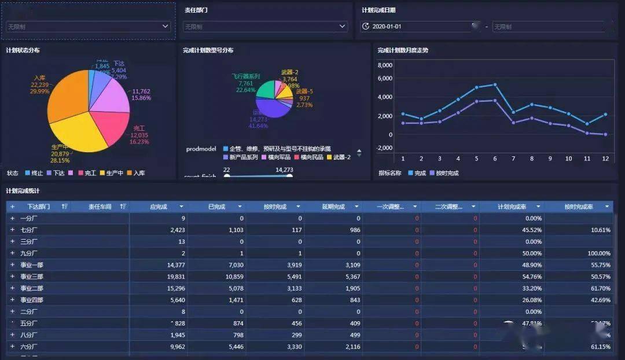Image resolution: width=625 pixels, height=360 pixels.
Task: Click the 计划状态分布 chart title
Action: [x=23, y=50]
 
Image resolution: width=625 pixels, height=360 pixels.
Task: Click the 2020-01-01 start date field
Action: [x=387, y=27]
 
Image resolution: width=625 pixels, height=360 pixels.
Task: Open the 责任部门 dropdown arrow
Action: [x=343, y=26]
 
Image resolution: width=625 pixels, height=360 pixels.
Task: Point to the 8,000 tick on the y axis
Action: [x=385, y=65]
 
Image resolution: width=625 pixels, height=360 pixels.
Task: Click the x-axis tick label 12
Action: [x=605, y=159]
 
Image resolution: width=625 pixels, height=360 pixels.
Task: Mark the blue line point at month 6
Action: [x=495, y=85]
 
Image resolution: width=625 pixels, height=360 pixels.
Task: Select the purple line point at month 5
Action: [x=476, y=101]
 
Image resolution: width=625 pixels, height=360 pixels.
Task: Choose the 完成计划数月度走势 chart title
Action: [x=403, y=50]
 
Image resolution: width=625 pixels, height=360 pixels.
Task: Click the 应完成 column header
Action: [x=159, y=207]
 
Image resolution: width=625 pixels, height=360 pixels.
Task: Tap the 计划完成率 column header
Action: [x=512, y=207]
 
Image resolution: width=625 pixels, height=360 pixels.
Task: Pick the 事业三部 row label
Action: [x=32, y=277]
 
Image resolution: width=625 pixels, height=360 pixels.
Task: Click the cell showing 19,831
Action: [x=174, y=277]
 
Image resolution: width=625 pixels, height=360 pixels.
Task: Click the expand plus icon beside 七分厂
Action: [x=12, y=230]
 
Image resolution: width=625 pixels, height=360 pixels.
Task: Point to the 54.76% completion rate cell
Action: [x=530, y=277]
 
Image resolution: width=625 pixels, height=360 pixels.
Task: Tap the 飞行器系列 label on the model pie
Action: [x=246, y=76]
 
